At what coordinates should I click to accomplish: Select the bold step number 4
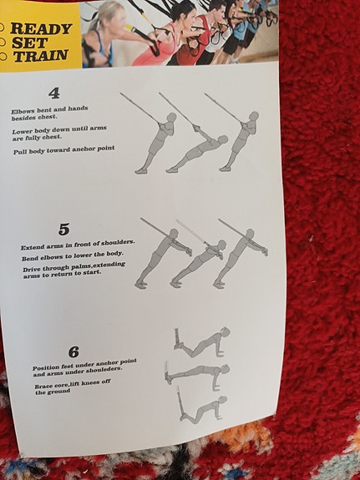(54, 93)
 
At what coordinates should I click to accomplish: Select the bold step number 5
(63, 229)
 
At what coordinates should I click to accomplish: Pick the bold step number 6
(74, 352)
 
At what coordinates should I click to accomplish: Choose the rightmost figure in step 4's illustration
(241, 139)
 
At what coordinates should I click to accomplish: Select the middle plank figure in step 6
(199, 372)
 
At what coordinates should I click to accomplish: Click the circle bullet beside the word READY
(3, 28)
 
